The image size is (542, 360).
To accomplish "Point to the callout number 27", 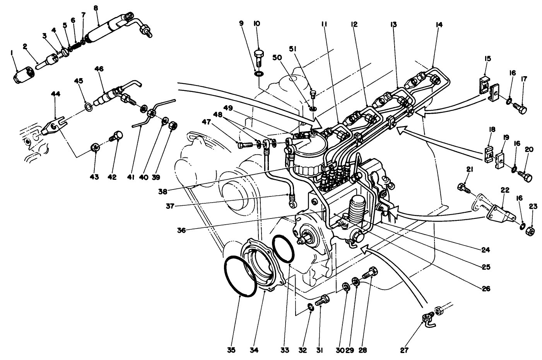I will (405, 351).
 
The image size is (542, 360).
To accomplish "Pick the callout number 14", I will (439, 25).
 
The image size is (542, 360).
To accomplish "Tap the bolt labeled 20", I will (525, 178).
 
